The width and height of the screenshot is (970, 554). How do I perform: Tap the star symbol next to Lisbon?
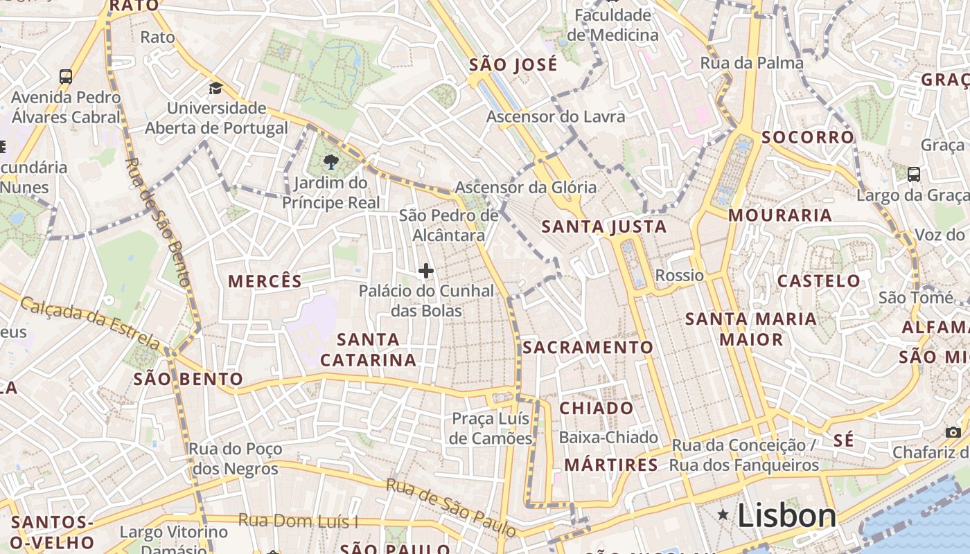point(723,515)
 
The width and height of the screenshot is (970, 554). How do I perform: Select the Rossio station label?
point(679,276)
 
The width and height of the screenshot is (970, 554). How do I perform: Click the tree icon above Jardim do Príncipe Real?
point(330,162)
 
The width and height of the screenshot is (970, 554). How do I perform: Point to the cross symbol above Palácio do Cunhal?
point(426,271)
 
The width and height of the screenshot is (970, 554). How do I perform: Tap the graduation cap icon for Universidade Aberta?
point(216,88)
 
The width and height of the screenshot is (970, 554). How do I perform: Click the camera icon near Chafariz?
point(953,432)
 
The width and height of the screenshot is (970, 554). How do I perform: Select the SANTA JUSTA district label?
point(603,226)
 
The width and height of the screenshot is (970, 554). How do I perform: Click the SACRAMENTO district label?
point(588,347)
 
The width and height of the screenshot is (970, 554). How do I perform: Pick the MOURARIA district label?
point(780,215)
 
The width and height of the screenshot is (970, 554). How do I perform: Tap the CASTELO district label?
point(819,280)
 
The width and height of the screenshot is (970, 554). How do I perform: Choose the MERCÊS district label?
point(265,281)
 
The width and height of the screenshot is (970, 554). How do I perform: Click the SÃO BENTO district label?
point(188,379)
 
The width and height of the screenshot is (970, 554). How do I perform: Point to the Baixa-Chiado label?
point(608,437)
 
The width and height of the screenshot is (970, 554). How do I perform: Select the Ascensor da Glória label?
point(525,187)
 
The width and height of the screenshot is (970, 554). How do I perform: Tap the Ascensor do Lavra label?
point(556,116)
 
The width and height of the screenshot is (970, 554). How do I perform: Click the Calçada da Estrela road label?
point(90,323)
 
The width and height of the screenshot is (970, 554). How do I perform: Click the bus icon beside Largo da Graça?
point(914,175)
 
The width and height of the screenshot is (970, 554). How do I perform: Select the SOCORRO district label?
point(808,137)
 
